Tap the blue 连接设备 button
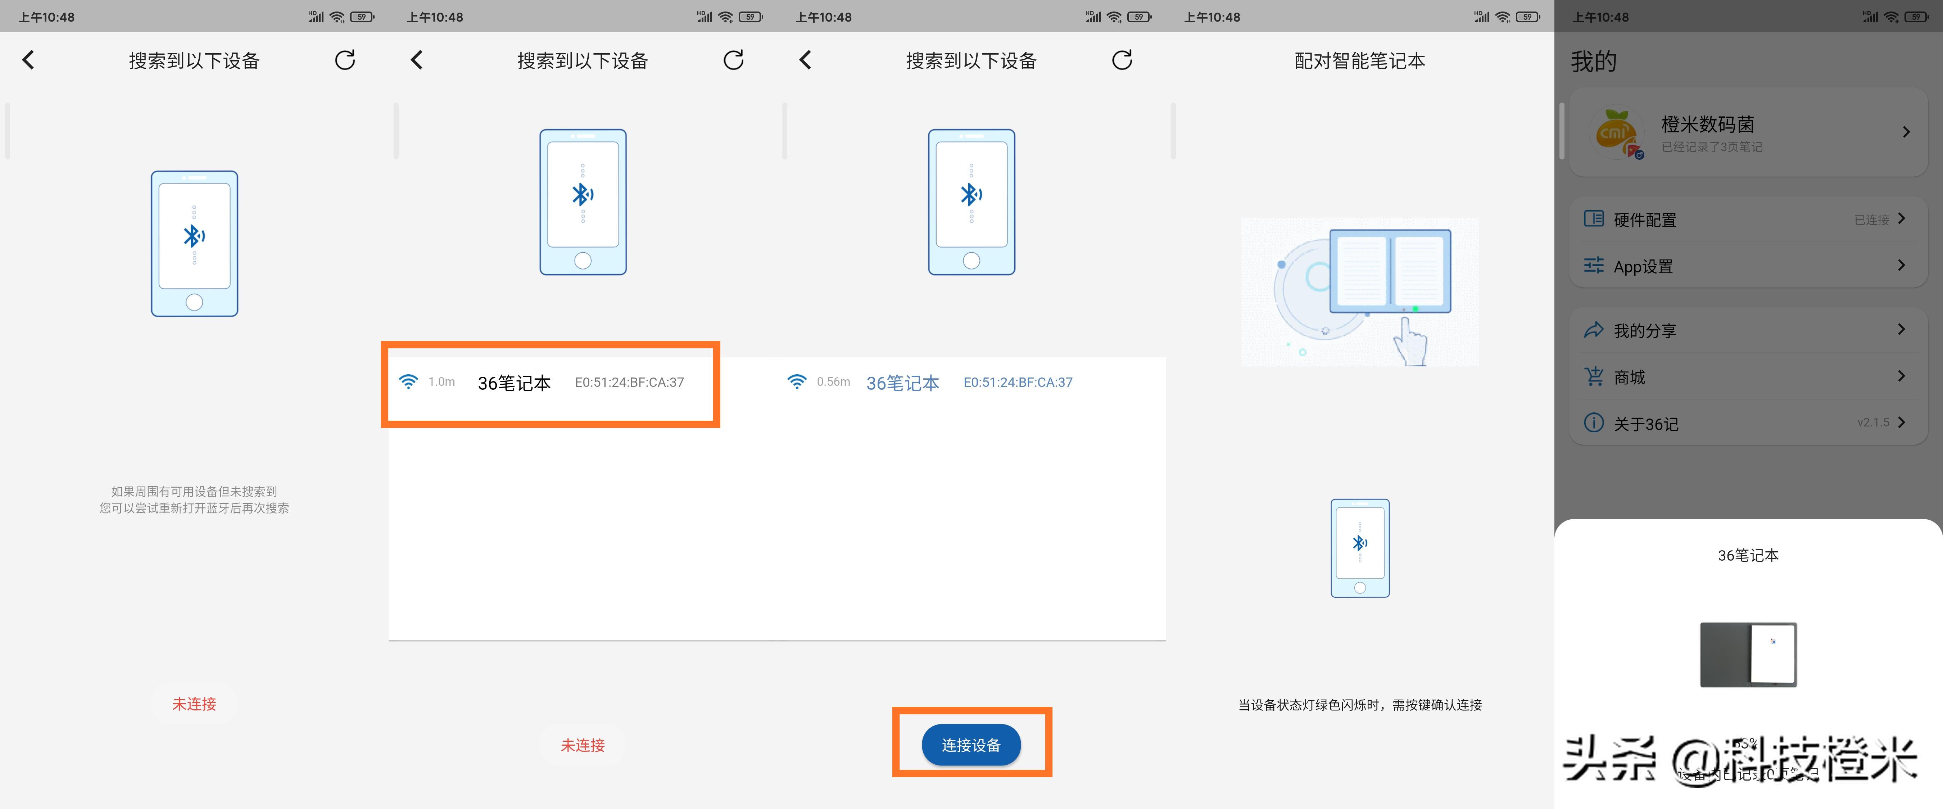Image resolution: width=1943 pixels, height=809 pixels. [971, 745]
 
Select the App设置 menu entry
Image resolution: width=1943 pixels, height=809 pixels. [1643, 266]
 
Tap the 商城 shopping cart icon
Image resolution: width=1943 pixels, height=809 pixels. [1594, 376]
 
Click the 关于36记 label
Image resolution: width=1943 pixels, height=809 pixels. [1646, 424]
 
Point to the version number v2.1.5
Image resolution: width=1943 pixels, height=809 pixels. [1873, 422]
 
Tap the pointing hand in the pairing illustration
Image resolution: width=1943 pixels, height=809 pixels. [1409, 342]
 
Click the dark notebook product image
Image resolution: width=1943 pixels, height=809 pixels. [1748, 654]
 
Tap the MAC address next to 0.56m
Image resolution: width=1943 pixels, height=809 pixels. [1018, 383]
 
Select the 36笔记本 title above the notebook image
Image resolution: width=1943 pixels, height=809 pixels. [1748, 555]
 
